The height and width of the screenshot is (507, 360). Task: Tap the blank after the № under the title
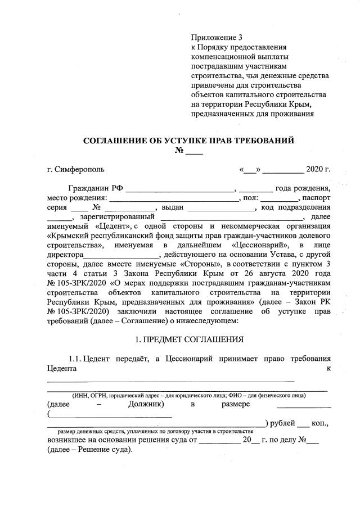point(194,152)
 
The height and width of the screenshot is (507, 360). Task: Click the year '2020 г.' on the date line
point(318,169)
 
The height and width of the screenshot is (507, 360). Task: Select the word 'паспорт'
point(316,198)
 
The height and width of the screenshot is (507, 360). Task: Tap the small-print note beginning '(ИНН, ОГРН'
point(188,395)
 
